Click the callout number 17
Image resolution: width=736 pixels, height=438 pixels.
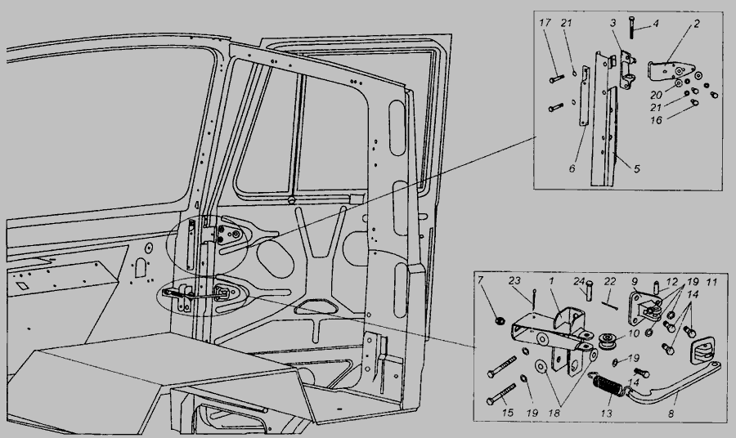(545, 23)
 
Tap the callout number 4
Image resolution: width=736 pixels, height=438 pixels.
(656, 23)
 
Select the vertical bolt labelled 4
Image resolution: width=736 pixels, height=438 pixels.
(632, 28)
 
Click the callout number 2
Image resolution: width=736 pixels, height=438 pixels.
(696, 24)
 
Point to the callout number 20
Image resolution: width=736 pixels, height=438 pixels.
(656, 95)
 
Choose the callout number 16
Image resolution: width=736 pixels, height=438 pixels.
(656, 120)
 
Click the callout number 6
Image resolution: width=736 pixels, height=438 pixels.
(572, 168)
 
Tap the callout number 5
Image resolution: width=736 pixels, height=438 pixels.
(637, 169)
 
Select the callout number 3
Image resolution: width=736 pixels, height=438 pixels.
(613, 23)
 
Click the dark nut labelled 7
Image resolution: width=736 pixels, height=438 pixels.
(500, 321)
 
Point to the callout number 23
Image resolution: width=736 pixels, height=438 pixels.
(515, 281)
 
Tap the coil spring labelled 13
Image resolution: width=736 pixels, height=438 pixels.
(608, 382)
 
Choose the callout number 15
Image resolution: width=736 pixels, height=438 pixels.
(507, 413)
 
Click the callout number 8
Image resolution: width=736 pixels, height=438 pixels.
(671, 413)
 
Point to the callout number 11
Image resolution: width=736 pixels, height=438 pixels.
(712, 282)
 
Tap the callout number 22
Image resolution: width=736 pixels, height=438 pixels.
(610, 281)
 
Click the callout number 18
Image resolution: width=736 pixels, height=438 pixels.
(554, 413)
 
